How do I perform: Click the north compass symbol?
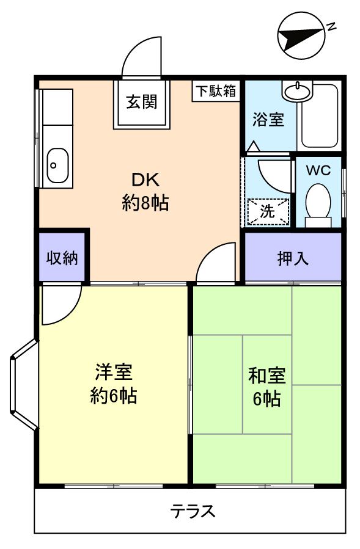tap(301, 35)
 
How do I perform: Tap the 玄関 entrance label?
tap(142, 102)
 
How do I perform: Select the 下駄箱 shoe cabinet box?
tap(216, 91)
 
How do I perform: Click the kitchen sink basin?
tap(57, 165)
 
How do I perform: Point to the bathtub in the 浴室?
tap(319, 115)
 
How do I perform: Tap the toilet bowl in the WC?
tap(318, 202)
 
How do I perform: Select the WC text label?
tap(318, 170)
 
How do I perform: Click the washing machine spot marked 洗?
tap(268, 211)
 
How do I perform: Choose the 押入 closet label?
tap(293, 258)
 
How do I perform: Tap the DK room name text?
tap(145, 180)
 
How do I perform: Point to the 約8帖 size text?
tap(145, 203)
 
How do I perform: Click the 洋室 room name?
tap(114, 372)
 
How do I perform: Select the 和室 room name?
tap(267, 376)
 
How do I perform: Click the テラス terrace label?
tap(193, 512)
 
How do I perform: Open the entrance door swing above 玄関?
tap(142, 57)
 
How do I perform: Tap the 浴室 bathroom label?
tap(268, 120)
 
